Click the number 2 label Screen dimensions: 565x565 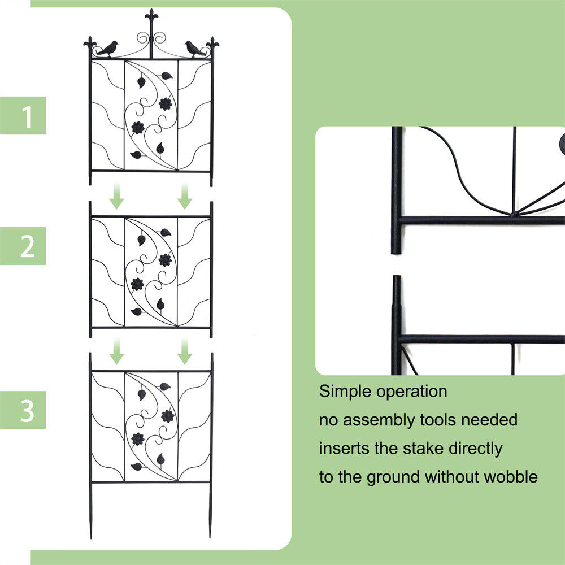(x=27, y=246)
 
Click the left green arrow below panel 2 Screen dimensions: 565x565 (x=117, y=351)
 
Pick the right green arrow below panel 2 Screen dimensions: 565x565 (x=184, y=351)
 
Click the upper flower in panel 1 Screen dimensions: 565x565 (x=166, y=104)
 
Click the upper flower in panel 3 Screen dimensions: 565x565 (x=166, y=416)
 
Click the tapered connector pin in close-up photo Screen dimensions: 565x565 (x=397, y=294)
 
